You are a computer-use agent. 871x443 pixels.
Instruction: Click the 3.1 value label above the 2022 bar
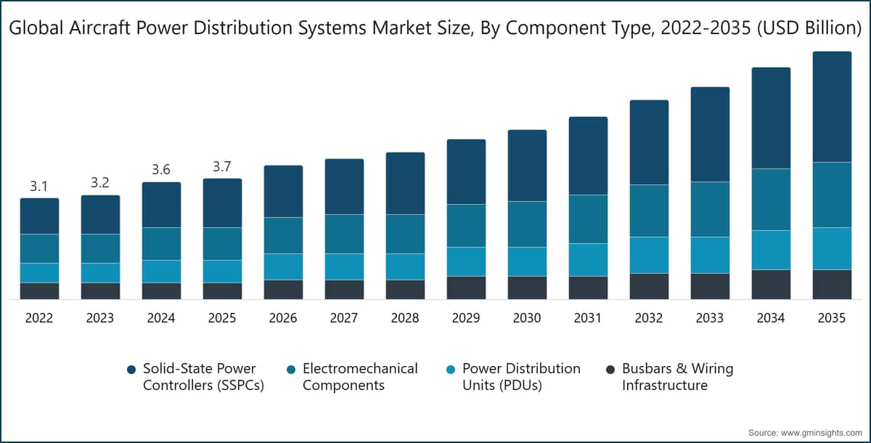[39, 187]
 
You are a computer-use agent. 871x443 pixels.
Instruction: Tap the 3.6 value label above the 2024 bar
[161, 170]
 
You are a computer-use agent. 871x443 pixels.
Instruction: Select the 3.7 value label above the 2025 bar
[222, 167]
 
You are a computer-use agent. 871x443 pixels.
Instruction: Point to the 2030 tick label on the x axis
[527, 318]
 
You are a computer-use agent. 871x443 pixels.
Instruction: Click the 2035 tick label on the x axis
[832, 318]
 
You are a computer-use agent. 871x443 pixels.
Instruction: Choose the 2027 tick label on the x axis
[344, 318]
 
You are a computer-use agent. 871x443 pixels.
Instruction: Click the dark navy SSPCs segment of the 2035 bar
[832, 107]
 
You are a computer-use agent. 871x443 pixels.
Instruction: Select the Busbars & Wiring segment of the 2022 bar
[39, 290]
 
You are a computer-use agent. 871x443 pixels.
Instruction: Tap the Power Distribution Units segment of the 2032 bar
[649, 255]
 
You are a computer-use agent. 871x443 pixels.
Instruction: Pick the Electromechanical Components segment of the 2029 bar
[466, 225]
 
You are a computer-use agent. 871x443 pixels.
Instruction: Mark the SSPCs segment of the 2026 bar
[283, 191]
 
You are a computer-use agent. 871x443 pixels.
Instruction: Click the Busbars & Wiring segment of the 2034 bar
[771, 284]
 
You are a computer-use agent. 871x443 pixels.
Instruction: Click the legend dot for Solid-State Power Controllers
[131, 370]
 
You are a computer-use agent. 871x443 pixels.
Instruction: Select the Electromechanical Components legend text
[360, 377]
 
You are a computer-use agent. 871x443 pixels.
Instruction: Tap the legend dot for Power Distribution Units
[450, 370]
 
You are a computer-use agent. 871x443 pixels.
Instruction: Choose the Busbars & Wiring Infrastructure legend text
[677, 377]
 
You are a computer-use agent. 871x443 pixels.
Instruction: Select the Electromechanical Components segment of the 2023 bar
[100, 248]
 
